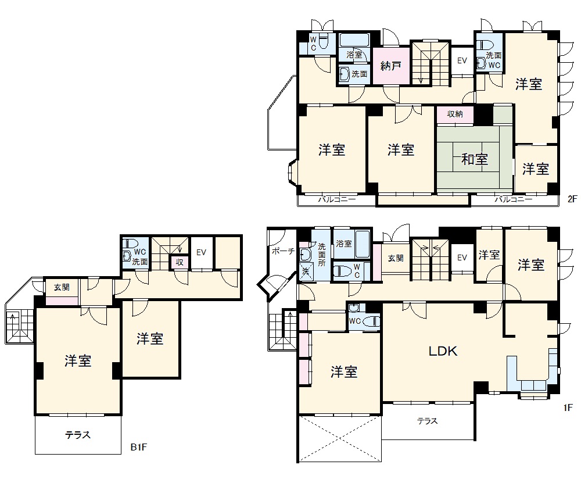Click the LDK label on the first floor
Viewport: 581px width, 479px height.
tap(443, 351)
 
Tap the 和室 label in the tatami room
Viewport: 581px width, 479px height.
tap(474, 159)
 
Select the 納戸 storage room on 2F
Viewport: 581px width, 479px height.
tap(391, 66)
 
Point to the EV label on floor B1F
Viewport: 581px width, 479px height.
tap(201, 252)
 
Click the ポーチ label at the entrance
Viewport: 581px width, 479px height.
tap(283, 251)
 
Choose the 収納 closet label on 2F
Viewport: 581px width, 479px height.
tap(455, 114)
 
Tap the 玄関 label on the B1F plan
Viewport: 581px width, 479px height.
tap(62, 287)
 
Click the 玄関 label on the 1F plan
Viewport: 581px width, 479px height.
tap(396, 258)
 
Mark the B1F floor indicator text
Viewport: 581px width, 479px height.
tap(139, 447)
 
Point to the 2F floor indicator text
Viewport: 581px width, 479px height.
tap(572, 199)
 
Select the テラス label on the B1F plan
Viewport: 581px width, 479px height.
tap(78, 434)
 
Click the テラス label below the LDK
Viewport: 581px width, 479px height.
tap(428, 421)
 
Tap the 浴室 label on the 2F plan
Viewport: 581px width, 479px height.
tap(354, 55)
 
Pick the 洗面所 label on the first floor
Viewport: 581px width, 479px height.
tap(322, 255)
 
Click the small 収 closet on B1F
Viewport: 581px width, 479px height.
tap(180, 262)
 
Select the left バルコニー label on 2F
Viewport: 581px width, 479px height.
tap(337, 199)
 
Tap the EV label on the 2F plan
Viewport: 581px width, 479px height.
tap(462, 60)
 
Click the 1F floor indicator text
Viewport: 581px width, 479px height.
tap(568, 408)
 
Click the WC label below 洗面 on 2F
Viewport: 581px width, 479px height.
tap(494, 65)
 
